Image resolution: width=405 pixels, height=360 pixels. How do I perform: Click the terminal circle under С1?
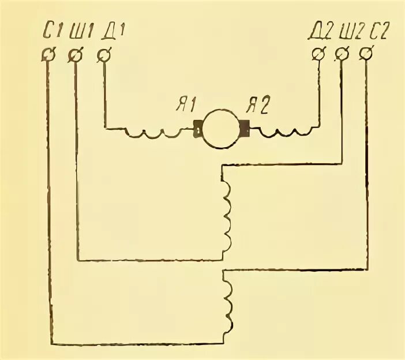click(48, 55)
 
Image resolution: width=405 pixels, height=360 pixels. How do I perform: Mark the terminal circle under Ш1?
click(76, 55)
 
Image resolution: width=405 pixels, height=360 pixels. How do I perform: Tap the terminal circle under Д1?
click(104, 55)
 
